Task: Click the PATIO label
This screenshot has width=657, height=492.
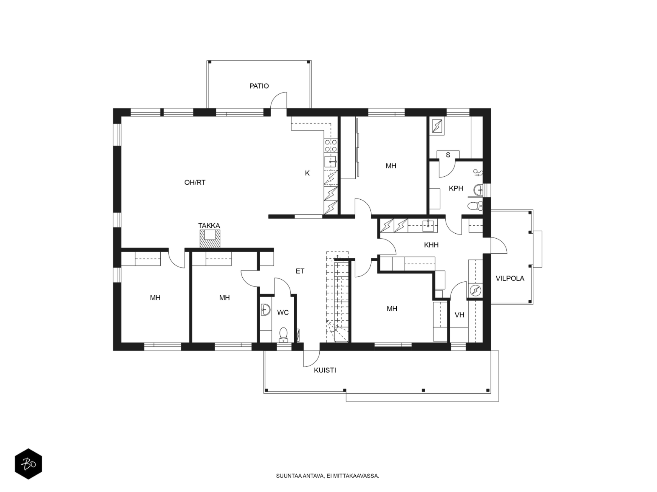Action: point(259,86)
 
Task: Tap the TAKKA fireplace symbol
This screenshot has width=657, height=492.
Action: point(210,239)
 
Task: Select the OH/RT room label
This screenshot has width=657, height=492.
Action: point(195,183)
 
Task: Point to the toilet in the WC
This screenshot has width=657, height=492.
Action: point(283,335)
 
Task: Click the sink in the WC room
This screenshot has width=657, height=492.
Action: point(265,309)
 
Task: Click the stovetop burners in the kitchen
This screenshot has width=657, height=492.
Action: point(331,146)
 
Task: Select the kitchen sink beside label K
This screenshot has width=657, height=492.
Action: point(331,162)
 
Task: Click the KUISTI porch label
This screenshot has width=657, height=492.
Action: point(325,371)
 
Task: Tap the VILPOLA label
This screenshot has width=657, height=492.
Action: point(510,278)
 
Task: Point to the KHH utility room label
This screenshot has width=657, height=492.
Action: point(431,245)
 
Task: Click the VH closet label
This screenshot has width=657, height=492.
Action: point(459,315)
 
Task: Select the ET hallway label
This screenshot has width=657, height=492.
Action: point(300,271)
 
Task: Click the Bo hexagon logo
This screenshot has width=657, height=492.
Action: point(28,464)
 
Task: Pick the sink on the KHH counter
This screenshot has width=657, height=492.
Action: point(429,226)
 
